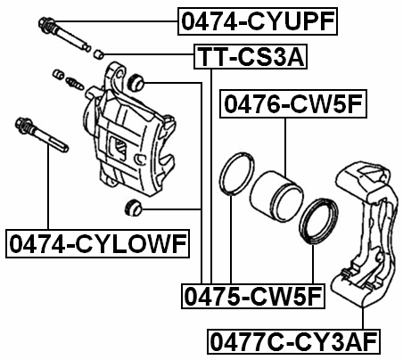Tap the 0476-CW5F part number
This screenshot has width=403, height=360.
coord(293,105)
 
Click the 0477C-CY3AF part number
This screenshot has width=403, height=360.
coord(293,340)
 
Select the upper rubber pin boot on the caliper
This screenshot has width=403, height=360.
coord(137,84)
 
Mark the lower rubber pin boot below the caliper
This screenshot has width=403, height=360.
coord(132,209)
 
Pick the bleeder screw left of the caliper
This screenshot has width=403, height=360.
coord(75,84)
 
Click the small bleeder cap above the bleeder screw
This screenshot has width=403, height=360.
coord(60,72)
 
